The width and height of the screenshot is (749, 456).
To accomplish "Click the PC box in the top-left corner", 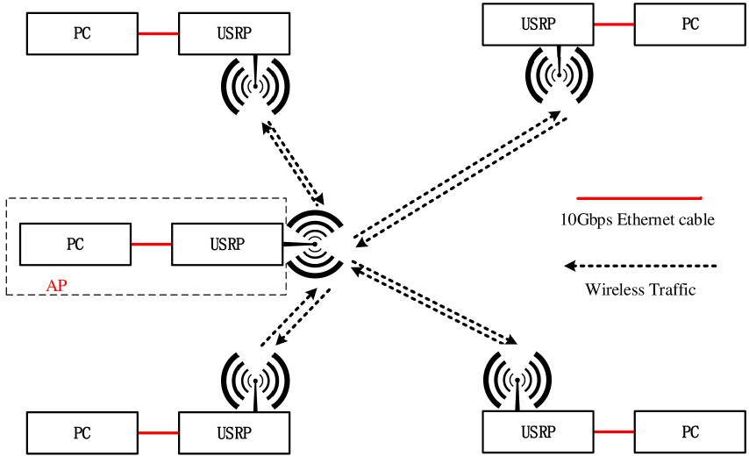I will (82, 34).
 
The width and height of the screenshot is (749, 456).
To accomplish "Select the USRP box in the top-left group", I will (234, 34).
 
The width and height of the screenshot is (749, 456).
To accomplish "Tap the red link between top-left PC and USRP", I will (158, 34).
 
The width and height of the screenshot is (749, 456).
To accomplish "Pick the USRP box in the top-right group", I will (539, 25).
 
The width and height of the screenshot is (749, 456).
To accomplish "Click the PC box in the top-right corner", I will (690, 25).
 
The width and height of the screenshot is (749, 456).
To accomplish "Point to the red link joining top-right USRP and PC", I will (614, 25).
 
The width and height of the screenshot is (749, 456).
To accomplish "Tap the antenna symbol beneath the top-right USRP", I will (559, 77).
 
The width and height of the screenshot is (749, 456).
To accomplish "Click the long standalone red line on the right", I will (639, 198).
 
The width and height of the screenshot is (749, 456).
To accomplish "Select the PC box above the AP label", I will (75, 245).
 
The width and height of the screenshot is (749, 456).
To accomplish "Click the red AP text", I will (56, 286).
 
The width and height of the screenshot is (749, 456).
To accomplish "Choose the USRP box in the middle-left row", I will (227, 245).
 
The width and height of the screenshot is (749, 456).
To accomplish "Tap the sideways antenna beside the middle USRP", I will (316, 245).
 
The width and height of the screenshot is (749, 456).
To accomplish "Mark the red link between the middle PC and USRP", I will (152, 245).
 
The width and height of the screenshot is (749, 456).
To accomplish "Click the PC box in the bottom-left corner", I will (82, 433).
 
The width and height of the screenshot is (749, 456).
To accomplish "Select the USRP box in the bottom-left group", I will (234, 433).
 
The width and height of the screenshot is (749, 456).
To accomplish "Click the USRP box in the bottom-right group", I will (539, 432).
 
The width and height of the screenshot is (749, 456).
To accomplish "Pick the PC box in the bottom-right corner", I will (690, 432).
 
